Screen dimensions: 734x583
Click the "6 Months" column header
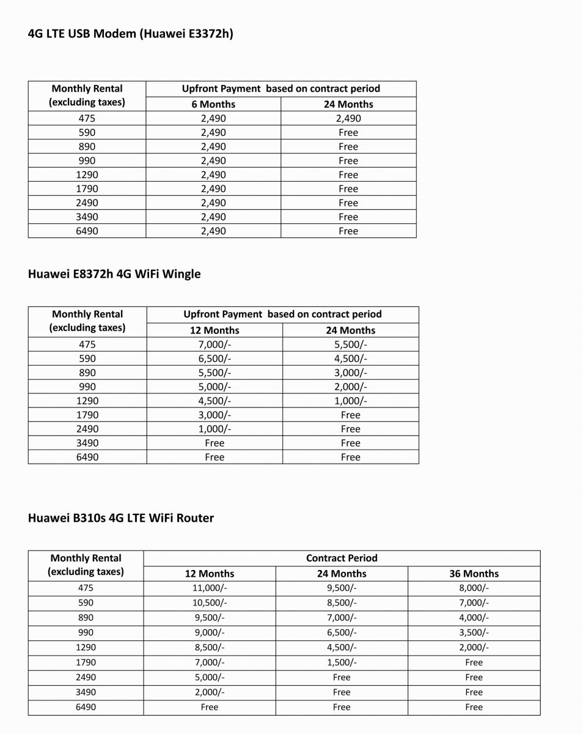pyautogui.click(x=213, y=104)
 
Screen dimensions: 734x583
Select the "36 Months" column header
pyautogui.click(x=474, y=574)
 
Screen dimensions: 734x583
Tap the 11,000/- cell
pyautogui.click(x=210, y=588)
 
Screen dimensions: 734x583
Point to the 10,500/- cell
pyautogui.click(x=210, y=603)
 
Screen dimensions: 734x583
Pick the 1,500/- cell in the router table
pyautogui.click(x=342, y=662)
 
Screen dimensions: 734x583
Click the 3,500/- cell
pyautogui.click(x=474, y=632)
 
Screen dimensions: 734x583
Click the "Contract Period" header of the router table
pyautogui.click(x=342, y=558)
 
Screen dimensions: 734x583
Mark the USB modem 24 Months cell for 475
pyautogui.click(x=348, y=119)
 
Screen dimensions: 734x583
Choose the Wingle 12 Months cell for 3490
pyautogui.click(x=215, y=443)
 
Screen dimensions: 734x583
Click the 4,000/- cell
pyautogui.click(x=474, y=618)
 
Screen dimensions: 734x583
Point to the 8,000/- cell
pyautogui.click(x=474, y=588)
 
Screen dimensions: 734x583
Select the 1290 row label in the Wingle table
pyautogui.click(x=87, y=401)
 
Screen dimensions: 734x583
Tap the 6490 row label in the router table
pyautogui.click(x=86, y=707)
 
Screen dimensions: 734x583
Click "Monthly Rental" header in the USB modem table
pyautogui.click(x=87, y=89)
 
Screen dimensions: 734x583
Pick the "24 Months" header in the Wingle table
pyautogui.click(x=350, y=330)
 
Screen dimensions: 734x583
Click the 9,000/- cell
pyautogui.click(x=210, y=632)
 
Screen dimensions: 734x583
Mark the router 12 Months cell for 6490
pyautogui.click(x=210, y=707)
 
